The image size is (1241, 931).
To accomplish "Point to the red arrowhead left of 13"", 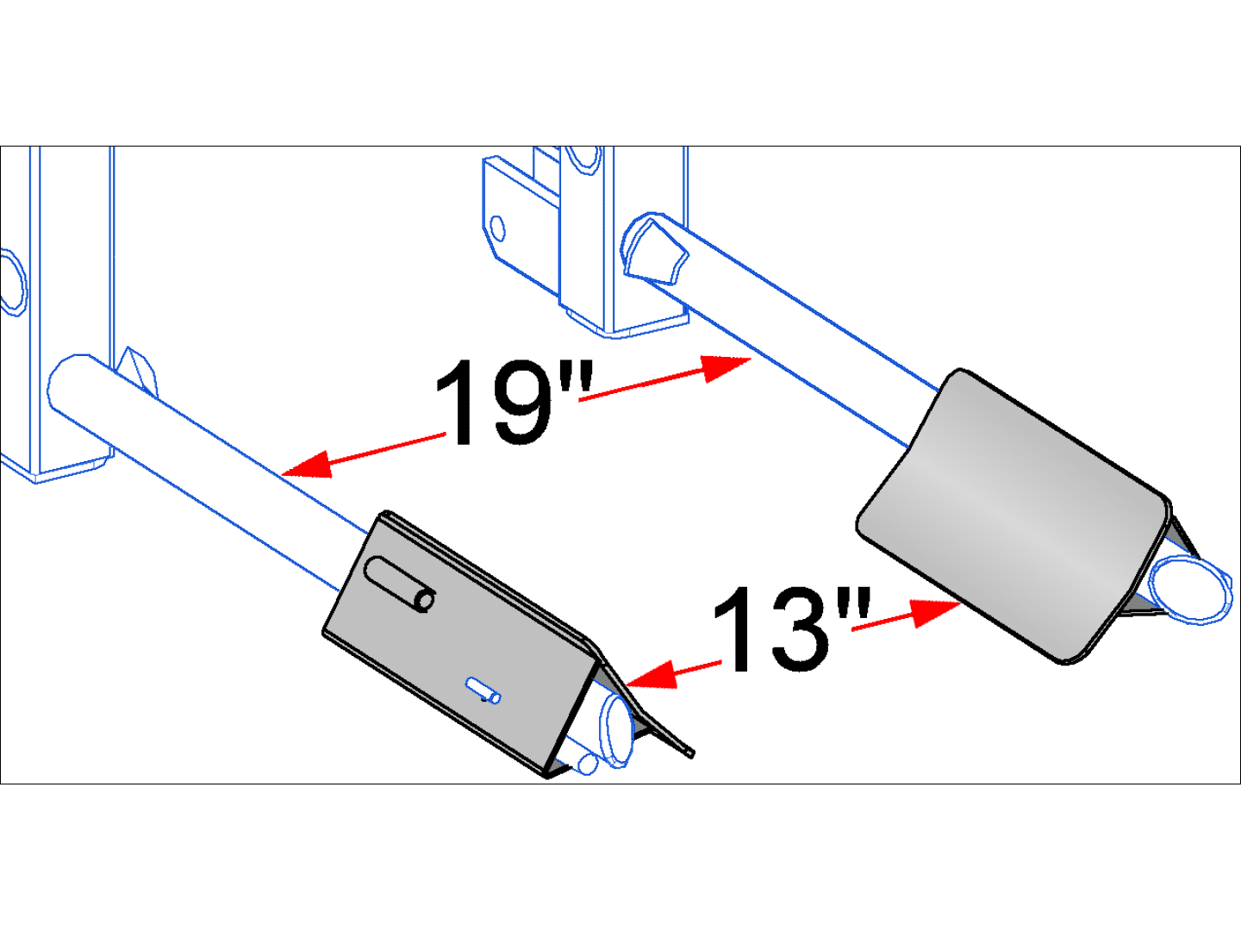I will [650, 674].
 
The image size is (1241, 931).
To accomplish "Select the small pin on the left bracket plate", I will [484, 690].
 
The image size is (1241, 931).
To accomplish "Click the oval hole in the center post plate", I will [497, 228].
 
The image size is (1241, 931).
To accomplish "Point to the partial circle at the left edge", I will [12, 281].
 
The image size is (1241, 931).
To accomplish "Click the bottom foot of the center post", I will [638, 326].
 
